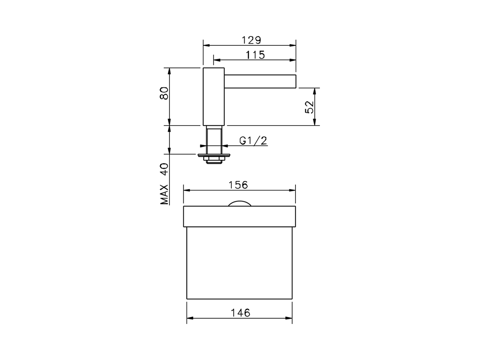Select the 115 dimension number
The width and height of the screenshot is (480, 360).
pyautogui.click(x=255, y=55)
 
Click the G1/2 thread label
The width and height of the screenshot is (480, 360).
pyautogui.click(x=253, y=141)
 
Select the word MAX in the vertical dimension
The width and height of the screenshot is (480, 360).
pyautogui.click(x=164, y=195)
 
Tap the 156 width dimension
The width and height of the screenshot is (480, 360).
pyautogui.click(x=238, y=185)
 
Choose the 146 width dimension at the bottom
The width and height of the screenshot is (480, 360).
pyautogui.click(x=241, y=312)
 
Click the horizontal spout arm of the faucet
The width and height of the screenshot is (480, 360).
pyautogui.click(x=260, y=81)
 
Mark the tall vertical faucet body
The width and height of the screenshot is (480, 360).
pyautogui.click(x=214, y=97)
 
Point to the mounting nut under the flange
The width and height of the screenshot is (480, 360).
pyautogui.click(x=214, y=160)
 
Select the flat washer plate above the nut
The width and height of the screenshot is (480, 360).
pyautogui.click(x=214, y=154)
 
